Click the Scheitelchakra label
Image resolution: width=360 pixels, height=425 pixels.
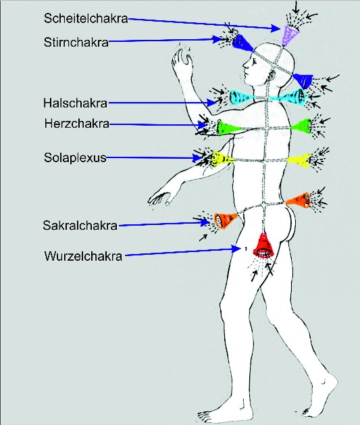(86, 18)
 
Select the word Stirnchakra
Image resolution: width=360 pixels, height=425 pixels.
(76, 43)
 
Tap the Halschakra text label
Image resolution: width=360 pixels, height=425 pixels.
(75, 103)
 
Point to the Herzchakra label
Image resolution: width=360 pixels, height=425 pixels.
(77, 124)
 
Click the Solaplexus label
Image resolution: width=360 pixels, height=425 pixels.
(75, 157)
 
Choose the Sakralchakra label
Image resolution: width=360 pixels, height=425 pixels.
(80, 225)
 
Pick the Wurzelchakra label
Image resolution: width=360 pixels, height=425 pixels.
(84, 256)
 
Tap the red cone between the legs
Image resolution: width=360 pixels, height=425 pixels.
(263, 245)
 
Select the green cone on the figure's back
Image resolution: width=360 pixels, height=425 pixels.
(301, 126)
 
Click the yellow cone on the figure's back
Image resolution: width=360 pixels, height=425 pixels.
(300, 160)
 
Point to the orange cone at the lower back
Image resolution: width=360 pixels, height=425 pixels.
(299, 199)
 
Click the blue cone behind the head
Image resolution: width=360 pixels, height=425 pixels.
(303, 80)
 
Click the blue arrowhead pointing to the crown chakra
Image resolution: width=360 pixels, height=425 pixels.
(276, 28)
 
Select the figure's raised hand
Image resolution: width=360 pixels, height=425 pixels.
(182, 61)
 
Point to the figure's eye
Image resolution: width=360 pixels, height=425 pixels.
(255, 63)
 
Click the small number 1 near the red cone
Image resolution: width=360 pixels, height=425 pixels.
(245, 248)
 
